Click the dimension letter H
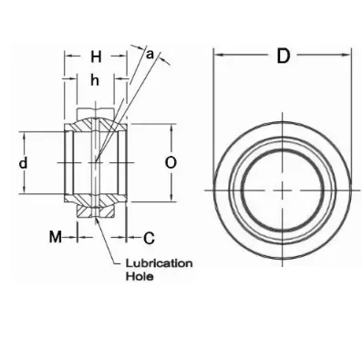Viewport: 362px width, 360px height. click(x=96, y=57)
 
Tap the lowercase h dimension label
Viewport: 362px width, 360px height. click(x=95, y=81)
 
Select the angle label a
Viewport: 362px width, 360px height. click(x=150, y=55)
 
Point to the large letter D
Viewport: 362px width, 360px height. click(x=283, y=56)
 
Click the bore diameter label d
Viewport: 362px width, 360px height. click(x=23, y=163)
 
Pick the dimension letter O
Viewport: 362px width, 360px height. click(x=171, y=163)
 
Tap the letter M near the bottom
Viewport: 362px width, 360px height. click(x=56, y=237)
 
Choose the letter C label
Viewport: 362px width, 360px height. click(x=149, y=239)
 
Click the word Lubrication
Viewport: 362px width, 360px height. click(x=160, y=263)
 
